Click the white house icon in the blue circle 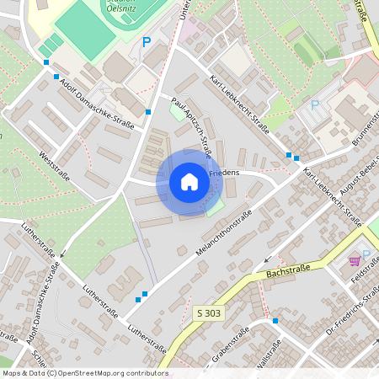(189, 182)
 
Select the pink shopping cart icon (355, 261)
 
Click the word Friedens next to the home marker (224, 173)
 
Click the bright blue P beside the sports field (146, 41)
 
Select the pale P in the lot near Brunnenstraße (315, 105)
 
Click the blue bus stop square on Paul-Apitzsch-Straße (148, 111)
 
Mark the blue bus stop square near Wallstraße (275, 320)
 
